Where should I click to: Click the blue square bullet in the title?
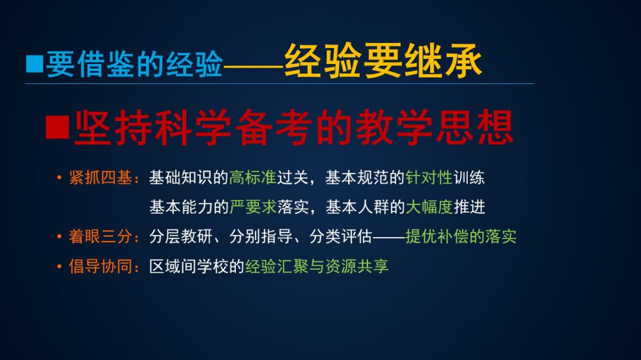tap(35, 64)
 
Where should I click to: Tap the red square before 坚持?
tap(57, 127)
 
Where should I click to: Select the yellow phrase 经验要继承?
tap(383, 61)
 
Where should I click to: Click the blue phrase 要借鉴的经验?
tap(135, 64)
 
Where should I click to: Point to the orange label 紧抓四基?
tap(101, 177)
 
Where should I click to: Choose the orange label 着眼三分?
tap(101, 236)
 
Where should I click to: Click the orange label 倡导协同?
tap(101, 266)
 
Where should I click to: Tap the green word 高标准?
tap(253, 177)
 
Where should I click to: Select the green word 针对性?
tap(429, 177)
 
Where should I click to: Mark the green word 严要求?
tap(253, 207)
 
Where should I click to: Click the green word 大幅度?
tap(429, 207)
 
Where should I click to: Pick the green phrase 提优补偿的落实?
tap(461, 236)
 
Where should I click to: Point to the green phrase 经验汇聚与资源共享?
tap(317, 266)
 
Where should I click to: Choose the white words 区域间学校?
tap(188, 266)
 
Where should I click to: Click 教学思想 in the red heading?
tap(435, 127)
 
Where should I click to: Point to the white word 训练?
tap(469, 177)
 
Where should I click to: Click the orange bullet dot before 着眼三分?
tap(59, 236)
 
